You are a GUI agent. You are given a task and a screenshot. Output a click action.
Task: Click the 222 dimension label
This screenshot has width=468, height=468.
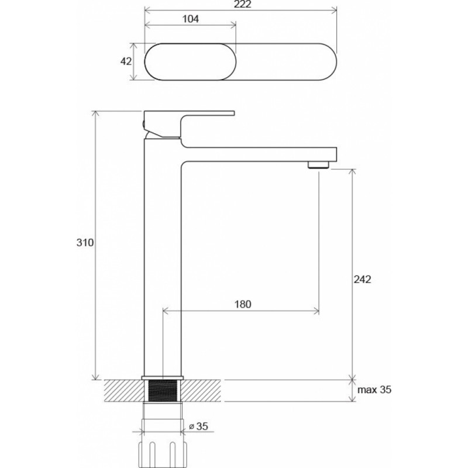point(243,5)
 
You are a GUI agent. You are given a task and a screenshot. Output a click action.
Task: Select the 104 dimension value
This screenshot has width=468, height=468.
point(191,19)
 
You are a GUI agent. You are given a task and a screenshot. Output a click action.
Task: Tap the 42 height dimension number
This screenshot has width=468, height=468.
point(126,61)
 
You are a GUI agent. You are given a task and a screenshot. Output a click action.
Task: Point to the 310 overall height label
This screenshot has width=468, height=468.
point(85,243)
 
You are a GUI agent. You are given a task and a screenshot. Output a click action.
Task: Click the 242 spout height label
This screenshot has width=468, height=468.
point(362,280)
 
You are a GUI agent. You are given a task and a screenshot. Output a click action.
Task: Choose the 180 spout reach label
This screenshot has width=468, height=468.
point(243,304)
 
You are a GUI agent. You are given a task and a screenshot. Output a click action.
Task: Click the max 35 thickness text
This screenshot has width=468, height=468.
point(374,390)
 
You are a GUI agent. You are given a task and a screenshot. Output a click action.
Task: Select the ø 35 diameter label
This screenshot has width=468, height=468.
point(199,426)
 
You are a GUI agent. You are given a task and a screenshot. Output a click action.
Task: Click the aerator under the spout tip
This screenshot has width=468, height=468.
point(318,165)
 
